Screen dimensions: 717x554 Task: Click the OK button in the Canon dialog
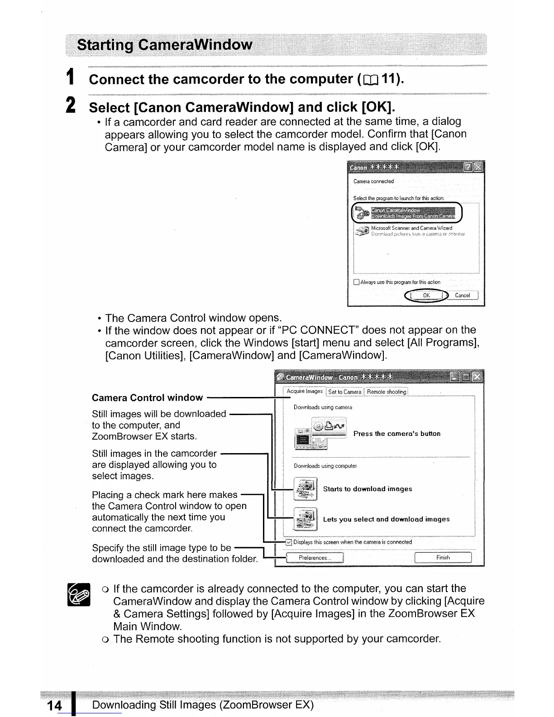[425, 296]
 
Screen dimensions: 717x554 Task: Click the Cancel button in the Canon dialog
[462, 296]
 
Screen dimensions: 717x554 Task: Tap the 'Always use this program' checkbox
[356, 282]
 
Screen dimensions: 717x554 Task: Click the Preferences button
[315, 558]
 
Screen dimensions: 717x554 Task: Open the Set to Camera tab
[345, 392]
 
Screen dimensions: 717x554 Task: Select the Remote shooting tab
[387, 392]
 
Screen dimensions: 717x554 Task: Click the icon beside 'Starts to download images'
[305, 489]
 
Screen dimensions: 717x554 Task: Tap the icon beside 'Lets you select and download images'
[305, 519]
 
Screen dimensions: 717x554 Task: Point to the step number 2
[71, 106]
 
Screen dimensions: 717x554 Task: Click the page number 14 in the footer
[54, 705]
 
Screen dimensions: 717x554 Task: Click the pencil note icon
[78, 594]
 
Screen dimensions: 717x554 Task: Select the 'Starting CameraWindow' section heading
[165, 45]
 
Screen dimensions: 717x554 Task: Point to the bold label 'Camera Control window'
[147, 398]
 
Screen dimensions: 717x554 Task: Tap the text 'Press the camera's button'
[396, 434]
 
